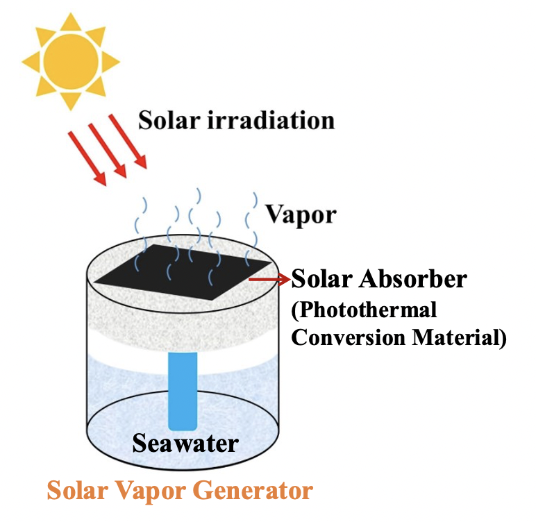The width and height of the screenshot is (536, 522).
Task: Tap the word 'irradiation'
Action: [271, 120]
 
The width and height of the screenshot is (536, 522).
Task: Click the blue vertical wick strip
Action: [183, 389]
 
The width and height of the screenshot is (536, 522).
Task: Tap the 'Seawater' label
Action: [185, 442]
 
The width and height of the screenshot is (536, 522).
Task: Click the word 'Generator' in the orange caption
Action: [250, 491]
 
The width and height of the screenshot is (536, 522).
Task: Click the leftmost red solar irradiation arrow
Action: [86, 158]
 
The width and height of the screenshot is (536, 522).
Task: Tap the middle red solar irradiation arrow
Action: [107, 150]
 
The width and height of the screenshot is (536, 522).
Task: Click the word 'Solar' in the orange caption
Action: [76, 491]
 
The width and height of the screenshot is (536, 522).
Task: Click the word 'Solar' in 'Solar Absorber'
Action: [321, 280]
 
